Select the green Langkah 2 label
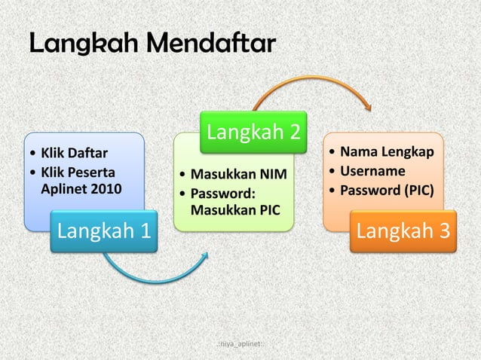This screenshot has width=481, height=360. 253,133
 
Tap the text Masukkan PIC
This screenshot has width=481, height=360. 235,208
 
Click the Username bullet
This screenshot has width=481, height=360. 374,171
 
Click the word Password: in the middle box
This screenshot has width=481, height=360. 223,192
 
